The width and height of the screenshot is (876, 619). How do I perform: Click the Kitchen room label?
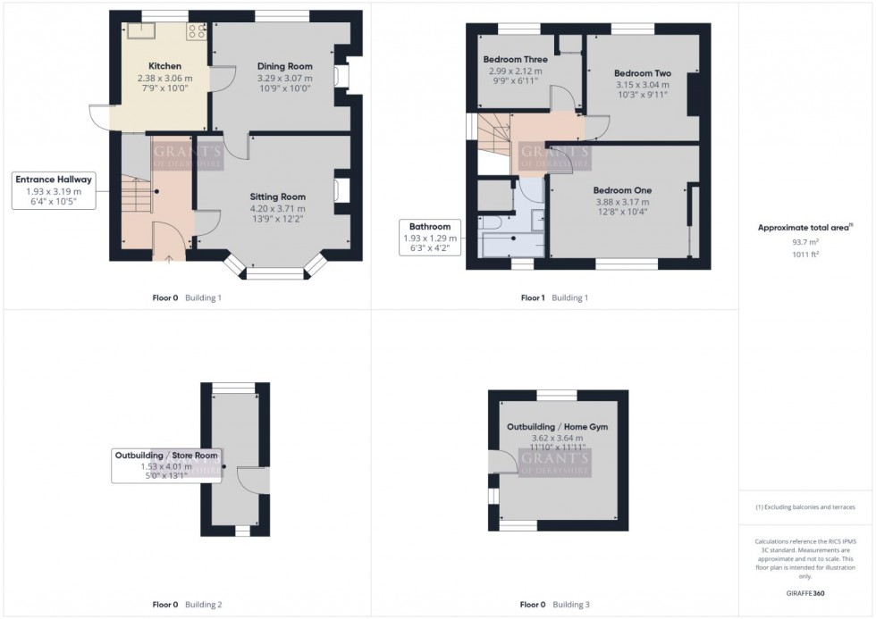tap(164, 66)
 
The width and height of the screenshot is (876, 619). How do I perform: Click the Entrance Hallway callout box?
tap(54, 191)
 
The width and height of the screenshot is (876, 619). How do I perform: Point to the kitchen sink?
tap(140, 32)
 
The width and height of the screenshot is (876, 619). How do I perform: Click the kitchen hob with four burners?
tap(197, 31)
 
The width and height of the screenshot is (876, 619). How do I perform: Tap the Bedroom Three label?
tap(515, 60)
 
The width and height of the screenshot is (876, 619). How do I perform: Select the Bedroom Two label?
tap(642, 73)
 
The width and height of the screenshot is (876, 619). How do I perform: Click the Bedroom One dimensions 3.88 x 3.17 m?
tap(623, 202)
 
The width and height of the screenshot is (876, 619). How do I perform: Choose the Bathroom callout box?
tap(430, 238)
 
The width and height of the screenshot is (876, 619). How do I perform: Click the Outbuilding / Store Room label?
tap(166, 456)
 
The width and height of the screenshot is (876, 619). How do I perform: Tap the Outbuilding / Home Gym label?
tap(557, 427)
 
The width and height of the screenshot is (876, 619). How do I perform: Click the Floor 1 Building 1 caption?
tap(553, 297)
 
